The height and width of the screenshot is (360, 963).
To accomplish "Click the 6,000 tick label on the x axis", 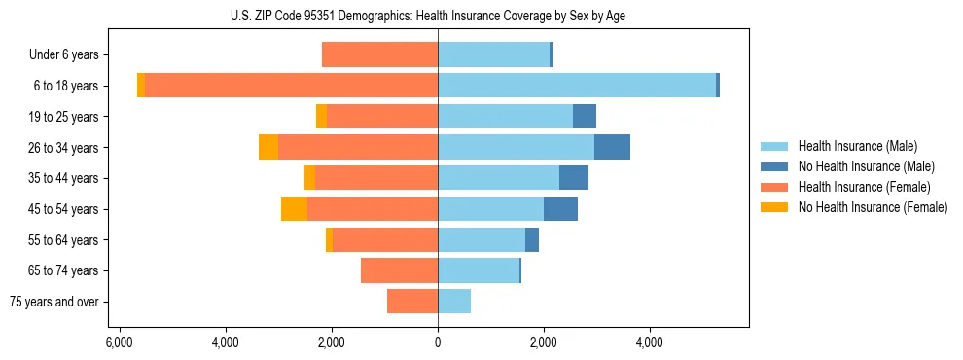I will (119, 343).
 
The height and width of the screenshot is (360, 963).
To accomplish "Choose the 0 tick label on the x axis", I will (438, 343).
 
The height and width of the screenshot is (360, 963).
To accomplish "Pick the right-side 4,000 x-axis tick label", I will (650, 343).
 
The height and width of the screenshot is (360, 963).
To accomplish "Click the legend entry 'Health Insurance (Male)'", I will (857, 146).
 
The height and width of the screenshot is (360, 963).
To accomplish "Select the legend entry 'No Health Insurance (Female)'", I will (873, 207).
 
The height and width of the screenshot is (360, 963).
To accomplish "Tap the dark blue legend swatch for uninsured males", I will (775, 166).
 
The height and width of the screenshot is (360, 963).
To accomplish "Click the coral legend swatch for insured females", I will (775, 187).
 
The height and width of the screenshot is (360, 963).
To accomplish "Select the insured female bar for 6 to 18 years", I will (291, 86).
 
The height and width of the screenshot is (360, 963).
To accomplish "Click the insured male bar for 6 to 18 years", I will (577, 86).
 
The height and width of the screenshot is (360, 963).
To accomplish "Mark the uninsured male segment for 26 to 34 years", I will (612, 147).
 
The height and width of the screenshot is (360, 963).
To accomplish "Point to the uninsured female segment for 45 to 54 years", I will (294, 208).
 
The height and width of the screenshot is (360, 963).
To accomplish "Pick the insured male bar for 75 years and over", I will (454, 302).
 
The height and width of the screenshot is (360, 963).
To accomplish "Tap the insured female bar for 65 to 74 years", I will (399, 270).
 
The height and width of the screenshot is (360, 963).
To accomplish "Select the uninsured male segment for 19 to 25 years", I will (584, 117).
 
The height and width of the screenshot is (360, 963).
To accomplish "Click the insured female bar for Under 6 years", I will (379, 54).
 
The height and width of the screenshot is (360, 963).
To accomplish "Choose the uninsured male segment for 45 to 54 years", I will (560, 208).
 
